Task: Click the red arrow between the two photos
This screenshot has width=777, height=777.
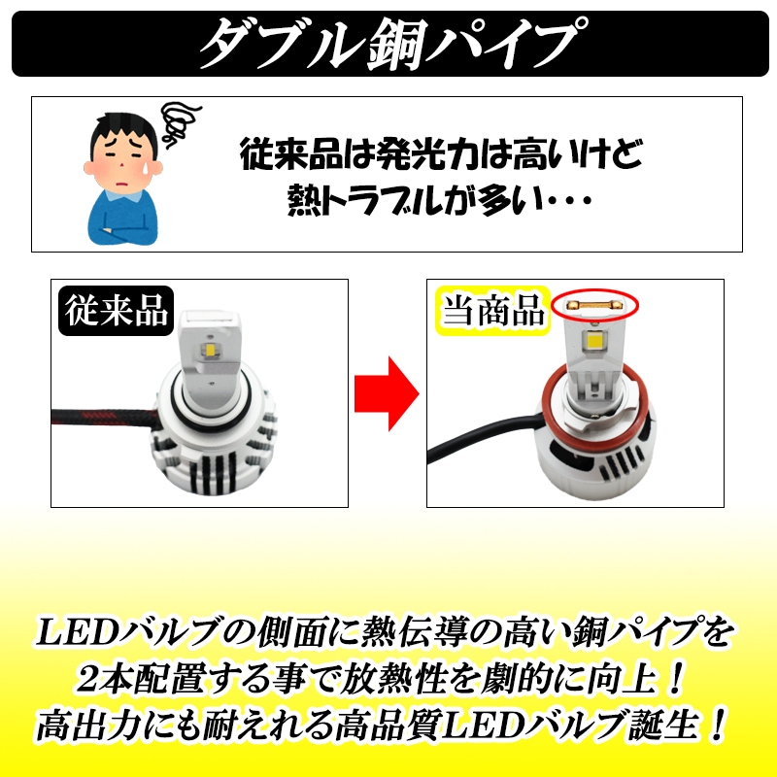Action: pyautogui.click(x=387, y=393)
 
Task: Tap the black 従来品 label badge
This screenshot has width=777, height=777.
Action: pyautogui.click(x=116, y=311)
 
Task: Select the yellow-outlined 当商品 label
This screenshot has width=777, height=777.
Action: pyautogui.click(x=492, y=311)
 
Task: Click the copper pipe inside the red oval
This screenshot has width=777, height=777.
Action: pyautogui.click(x=594, y=305)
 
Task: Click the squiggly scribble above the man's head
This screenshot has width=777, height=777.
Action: pyautogui.click(x=180, y=122)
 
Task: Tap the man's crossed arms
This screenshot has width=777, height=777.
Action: pyautogui.click(x=123, y=230)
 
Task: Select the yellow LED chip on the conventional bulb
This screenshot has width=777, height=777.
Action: pyautogui.click(x=210, y=350)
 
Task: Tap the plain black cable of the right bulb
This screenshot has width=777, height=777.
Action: pyautogui.click(x=483, y=437)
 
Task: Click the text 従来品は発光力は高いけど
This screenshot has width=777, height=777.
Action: pyautogui.click(x=441, y=154)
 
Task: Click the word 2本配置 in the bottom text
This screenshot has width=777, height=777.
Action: pyautogui.click(x=140, y=678)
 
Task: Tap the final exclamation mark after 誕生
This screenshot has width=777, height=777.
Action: pyautogui.click(x=717, y=725)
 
